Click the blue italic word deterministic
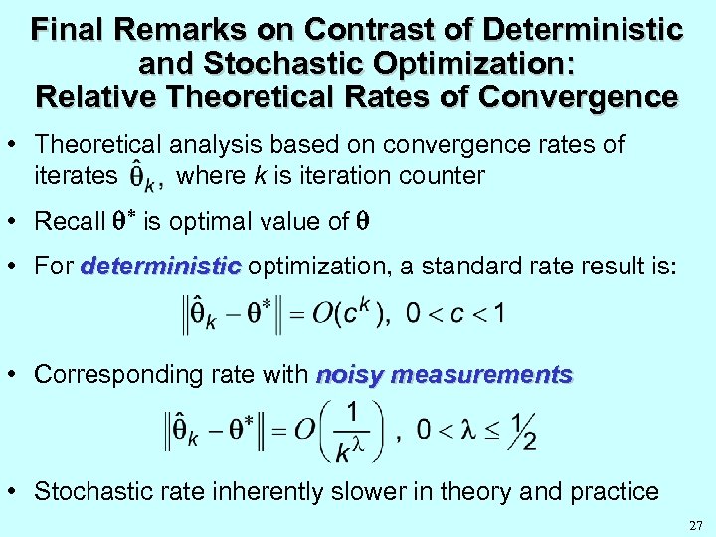point(161,268)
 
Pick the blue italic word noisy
point(350,375)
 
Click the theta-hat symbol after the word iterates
point(143,178)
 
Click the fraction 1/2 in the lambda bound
point(521,430)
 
